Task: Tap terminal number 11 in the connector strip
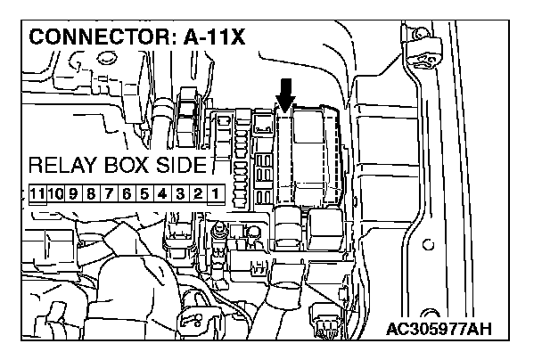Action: (37, 193)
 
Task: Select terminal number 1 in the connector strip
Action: (215, 193)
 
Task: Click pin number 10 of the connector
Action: (56, 193)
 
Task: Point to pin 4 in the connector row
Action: (163, 193)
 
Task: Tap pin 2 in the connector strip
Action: (198, 193)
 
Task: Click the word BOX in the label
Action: (125, 168)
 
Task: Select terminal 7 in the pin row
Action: (111, 193)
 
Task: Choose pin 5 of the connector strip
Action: (145, 193)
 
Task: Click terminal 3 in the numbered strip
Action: (180, 193)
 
